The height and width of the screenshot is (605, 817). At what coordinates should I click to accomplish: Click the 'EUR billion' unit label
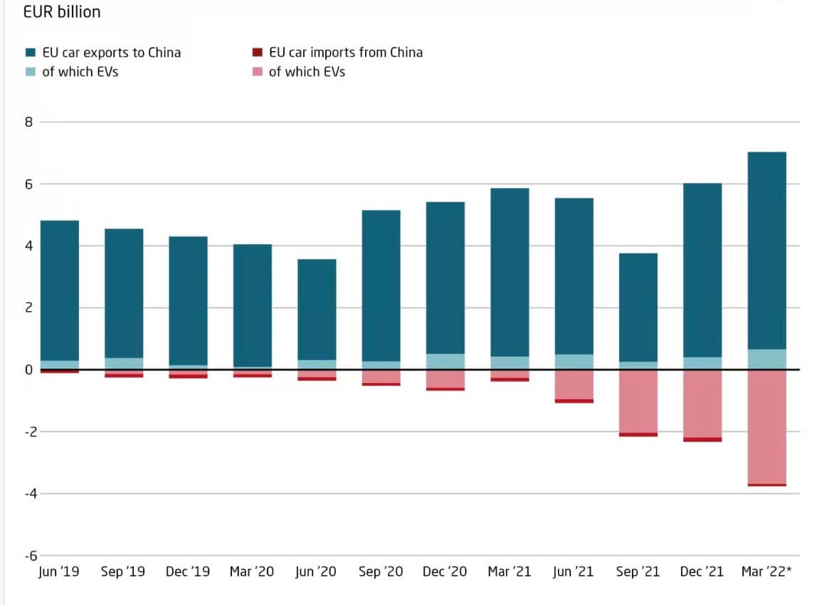point(62,12)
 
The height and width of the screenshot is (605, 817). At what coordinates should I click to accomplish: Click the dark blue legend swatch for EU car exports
point(31,53)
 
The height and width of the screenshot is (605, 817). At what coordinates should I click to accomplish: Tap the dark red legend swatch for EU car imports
point(257,53)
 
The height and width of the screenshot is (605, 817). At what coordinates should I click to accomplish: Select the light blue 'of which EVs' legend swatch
point(31,72)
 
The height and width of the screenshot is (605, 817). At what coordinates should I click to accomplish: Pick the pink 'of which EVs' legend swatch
point(257,72)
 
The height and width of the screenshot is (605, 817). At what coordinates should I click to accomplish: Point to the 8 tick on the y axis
point(28,122)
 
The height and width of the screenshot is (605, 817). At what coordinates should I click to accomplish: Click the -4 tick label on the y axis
point(26,494)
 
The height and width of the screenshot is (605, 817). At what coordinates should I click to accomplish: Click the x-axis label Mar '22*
point(766,572)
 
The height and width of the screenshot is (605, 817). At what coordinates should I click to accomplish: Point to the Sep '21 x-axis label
point(638,572)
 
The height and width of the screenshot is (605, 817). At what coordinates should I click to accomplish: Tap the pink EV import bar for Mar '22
point(766,426)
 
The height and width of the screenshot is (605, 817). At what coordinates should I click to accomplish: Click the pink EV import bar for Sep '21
point(638,401)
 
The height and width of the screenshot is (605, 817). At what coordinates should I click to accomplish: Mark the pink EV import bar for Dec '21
point(702,404)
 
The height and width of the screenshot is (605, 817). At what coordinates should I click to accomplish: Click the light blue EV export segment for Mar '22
point(766,359)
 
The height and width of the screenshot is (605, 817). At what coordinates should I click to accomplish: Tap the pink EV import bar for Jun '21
point(574,384)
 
